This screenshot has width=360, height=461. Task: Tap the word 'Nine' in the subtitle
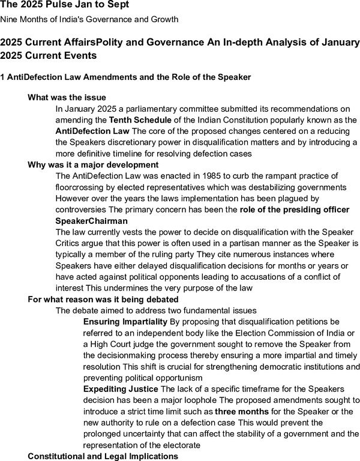click(10, 20)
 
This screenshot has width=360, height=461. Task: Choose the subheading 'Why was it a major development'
click(93, 164)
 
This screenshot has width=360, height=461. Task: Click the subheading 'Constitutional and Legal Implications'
click(103, 456)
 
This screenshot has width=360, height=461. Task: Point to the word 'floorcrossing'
click(81, 187)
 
